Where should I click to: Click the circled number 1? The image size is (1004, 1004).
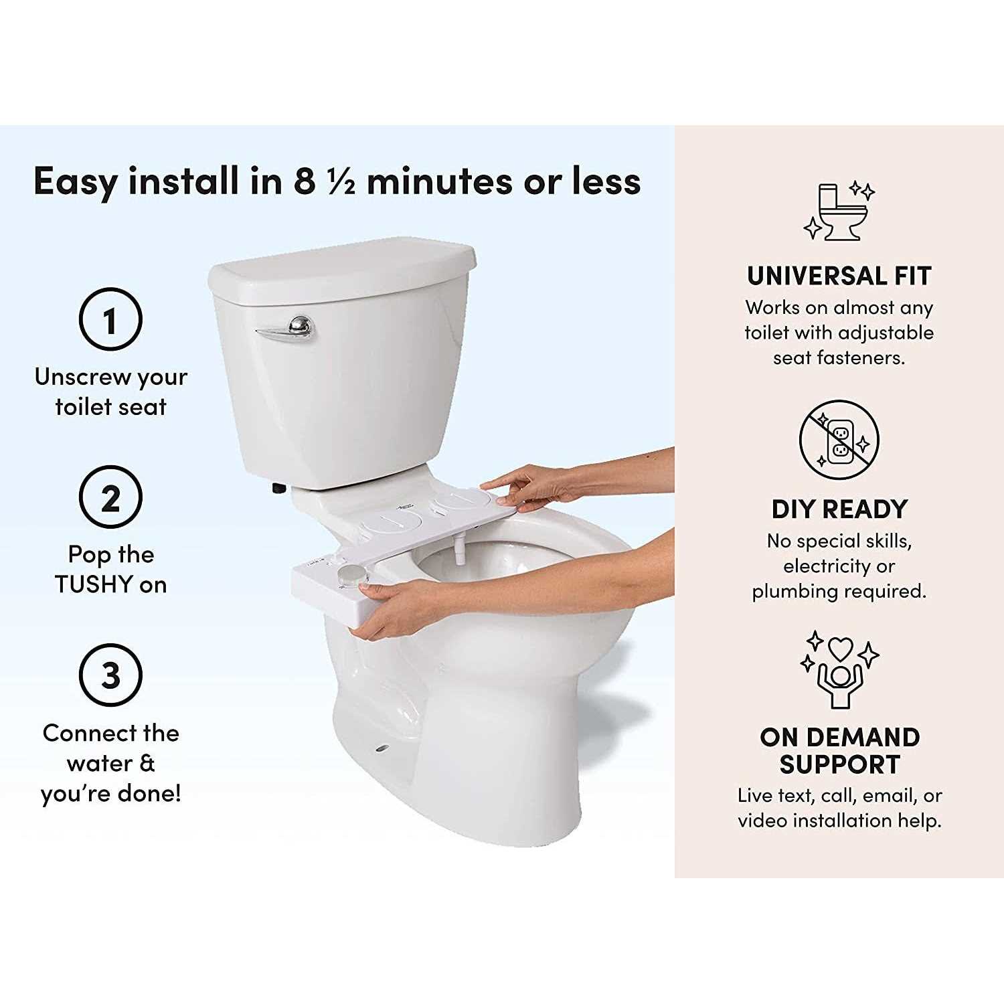pyautogui.click(x=110, y=319)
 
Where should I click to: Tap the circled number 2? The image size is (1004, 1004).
pyautogui.click(x=110, y=498)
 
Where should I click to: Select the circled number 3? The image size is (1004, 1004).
pyautogui.click(x=110, y=675)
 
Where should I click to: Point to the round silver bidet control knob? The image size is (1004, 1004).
pyautogui.click(x=349, y=575)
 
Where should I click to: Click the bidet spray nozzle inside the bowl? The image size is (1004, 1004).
pyautogui.click(x=459, y=550)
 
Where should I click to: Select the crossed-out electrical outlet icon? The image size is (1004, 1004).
pyautogui.click(x=839, y=440)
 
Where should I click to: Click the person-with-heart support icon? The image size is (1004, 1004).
pyautogui.click(x=839, y=669)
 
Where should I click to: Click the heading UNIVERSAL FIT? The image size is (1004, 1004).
pyautogui.click(x=839, y=276)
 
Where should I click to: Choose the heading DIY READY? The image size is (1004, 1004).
pyautogui.click(x=839, y=509)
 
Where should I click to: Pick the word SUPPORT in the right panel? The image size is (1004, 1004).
pyautogui.click(x=839, y=764)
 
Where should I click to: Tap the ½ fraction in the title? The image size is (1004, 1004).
pyautogui.click(x=341, y=182)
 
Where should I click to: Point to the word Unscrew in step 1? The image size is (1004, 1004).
pyautogui.click(x=74, y=377)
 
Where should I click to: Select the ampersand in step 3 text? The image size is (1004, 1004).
pyautogui.click(x=147, y=763)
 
